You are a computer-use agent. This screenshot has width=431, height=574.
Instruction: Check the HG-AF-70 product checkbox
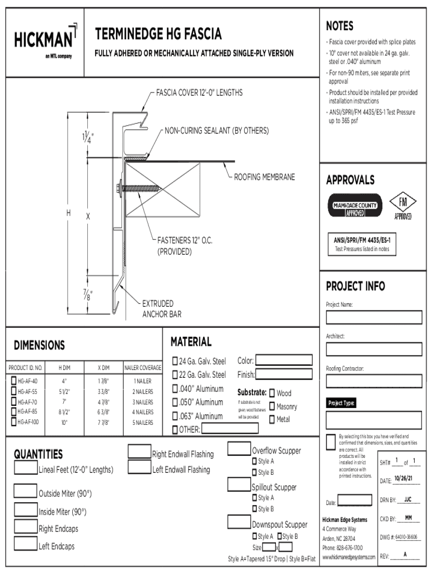point(13,402)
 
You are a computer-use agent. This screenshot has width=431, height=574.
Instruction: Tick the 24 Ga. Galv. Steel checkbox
point(175,361)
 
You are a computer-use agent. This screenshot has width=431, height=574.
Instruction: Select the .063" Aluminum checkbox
point(175,416)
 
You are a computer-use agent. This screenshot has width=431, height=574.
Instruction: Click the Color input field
point(284,360)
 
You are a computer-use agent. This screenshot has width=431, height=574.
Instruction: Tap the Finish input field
point(284,374)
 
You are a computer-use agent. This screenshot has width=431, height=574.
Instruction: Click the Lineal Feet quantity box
point(26,468)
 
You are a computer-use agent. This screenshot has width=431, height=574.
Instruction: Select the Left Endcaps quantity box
point(26,544)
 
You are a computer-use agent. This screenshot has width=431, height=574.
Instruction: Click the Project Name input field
point(374,317)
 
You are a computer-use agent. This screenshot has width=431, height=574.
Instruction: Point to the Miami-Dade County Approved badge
point(354,206)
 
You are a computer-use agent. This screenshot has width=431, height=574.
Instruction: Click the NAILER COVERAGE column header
point(143,368)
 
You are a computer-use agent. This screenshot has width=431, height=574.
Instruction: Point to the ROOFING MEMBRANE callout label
point(264,177)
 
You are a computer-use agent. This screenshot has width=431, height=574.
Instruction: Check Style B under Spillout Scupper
point(254,509)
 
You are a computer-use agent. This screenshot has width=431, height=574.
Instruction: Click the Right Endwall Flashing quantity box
point(139,452)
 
